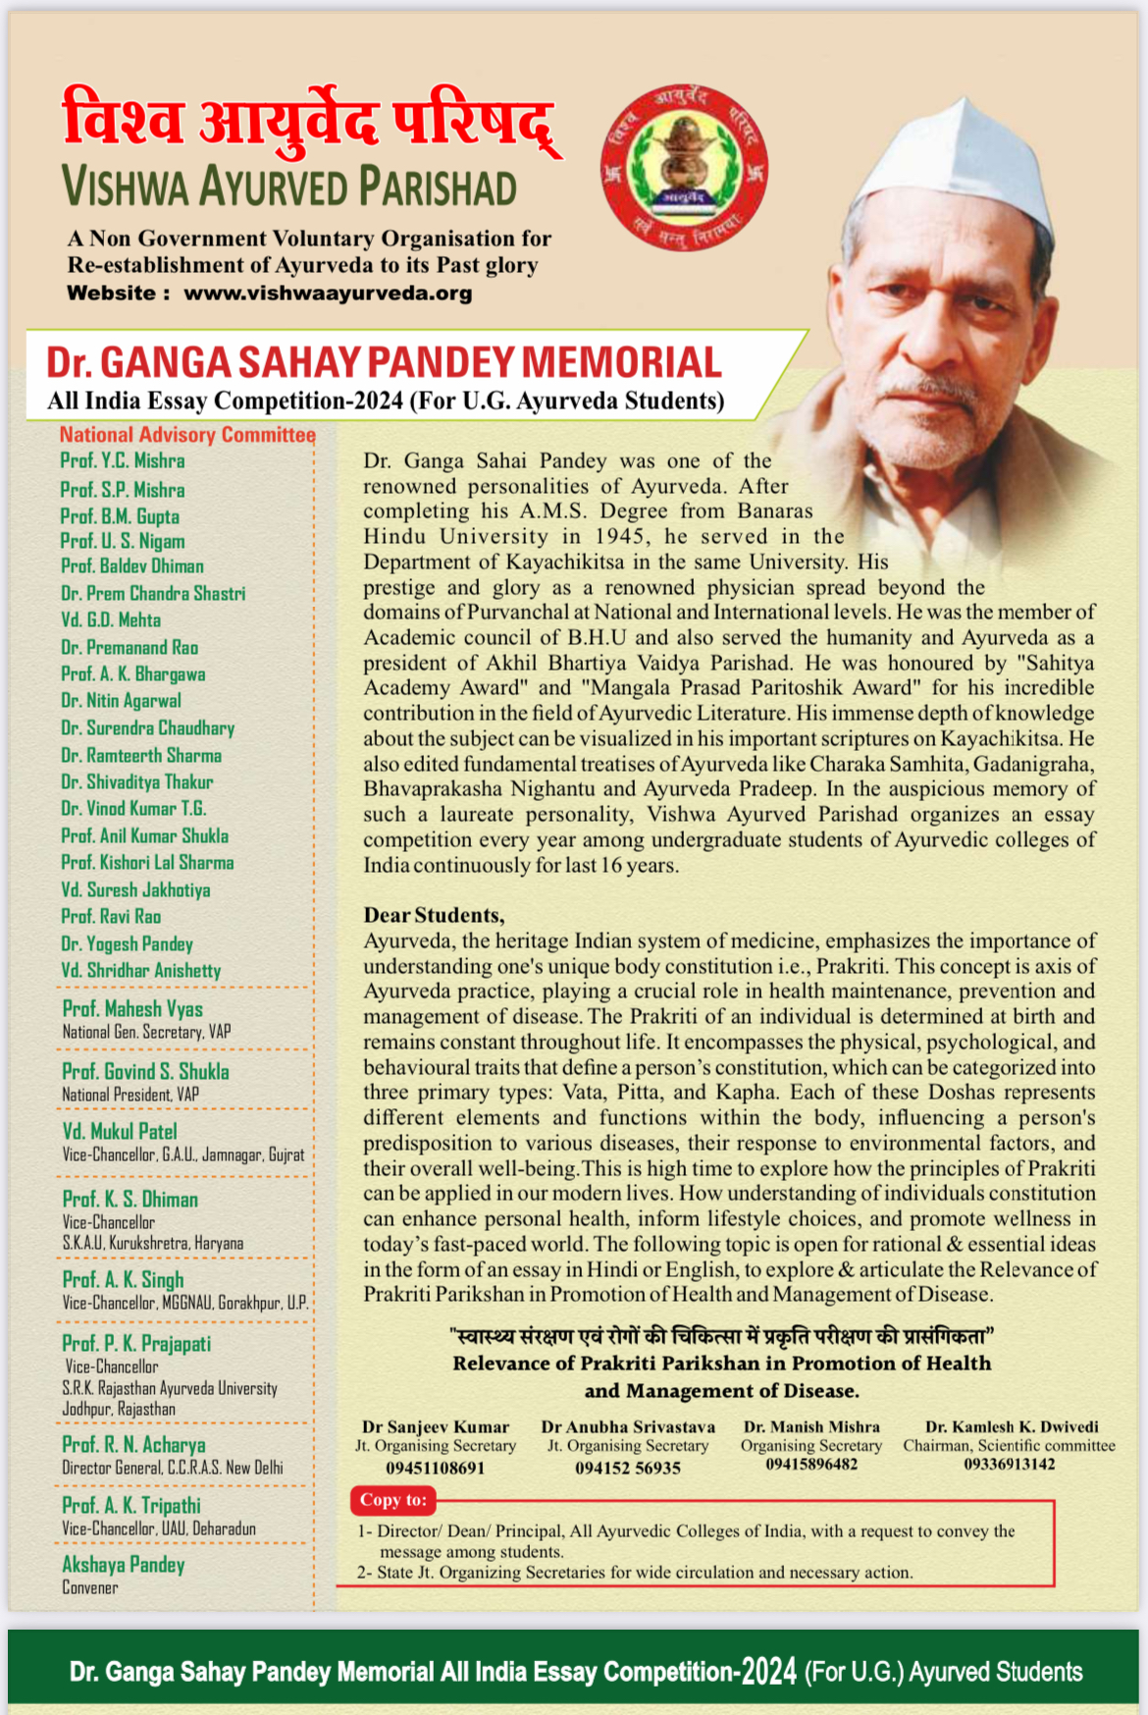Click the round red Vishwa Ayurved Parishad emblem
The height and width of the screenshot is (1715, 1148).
[x=684, y=168]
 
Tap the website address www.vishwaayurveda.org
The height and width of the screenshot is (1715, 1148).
[x=328, y=294]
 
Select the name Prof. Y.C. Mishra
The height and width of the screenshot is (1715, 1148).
[x=122, y=460]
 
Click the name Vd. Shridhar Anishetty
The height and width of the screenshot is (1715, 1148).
[x=140, y=971]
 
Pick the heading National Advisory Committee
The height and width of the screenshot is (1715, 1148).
[x=187, y=435]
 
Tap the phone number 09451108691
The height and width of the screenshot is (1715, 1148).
[x=435, y=1468]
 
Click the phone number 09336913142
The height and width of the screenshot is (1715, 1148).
[x=1009, y=1464]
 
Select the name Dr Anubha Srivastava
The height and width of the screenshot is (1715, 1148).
[x=628, y=1426]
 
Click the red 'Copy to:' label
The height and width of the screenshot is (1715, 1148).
[x=393, y=1500]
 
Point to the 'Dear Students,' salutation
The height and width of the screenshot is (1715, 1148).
[x=434, y=915]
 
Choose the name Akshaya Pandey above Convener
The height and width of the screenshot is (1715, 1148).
[x=124, y=1564]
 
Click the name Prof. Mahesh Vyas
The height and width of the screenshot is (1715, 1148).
[x=132, y=1008]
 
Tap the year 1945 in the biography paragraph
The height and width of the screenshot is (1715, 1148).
[x=618, y=536]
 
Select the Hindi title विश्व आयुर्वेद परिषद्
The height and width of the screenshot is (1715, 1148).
[x=310, y=123]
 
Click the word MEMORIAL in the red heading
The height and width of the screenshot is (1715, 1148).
[x=621, y=362]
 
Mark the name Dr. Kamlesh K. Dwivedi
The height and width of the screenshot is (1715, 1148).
[x=1012, y=1426]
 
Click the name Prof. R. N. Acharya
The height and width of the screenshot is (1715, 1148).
[x=133, y=1444]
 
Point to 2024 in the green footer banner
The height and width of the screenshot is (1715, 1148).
[x=768, y=1672]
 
